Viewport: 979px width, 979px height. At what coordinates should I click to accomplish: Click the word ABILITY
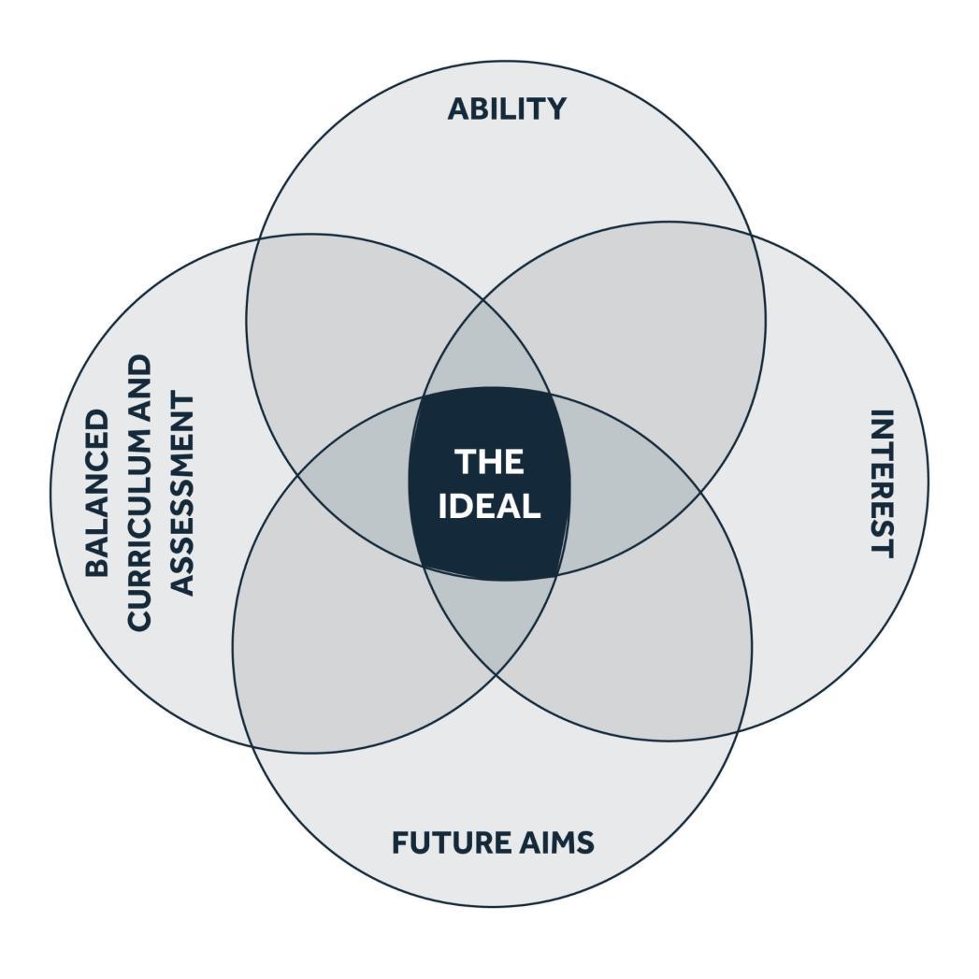click(506, 108)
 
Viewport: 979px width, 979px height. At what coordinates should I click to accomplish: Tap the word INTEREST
click(881, 482)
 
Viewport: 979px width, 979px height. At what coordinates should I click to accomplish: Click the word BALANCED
click(97, 492)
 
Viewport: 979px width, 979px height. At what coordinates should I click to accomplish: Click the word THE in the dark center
click(489, 461)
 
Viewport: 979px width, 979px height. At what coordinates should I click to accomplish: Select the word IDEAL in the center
click(489, 506)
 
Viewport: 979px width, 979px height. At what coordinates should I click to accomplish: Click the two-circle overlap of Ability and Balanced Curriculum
click(346, 318)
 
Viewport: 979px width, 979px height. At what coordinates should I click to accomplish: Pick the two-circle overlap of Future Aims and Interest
click(636, 655)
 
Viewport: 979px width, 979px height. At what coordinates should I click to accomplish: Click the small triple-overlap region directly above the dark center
click(486, 351)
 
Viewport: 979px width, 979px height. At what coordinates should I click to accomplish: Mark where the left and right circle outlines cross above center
click(484, 300)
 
